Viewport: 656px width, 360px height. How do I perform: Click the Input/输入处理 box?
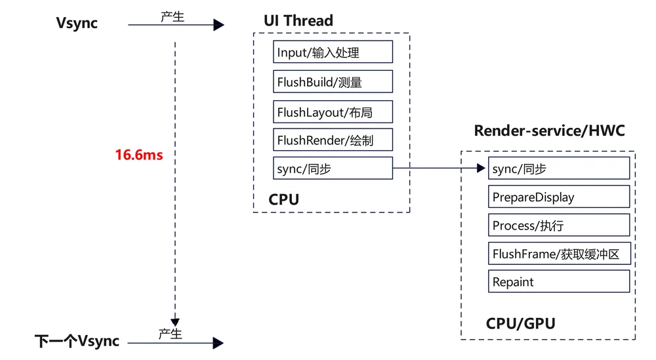pos(333,52)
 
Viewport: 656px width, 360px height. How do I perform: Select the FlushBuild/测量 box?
pos(333,81)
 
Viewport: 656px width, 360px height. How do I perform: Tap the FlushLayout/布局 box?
pos(333,111)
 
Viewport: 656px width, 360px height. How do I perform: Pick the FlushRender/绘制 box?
pos(333,140)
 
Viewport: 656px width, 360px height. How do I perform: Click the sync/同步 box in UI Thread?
pos(333,168)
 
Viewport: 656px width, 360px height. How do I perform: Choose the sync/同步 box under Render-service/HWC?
pos(559,168)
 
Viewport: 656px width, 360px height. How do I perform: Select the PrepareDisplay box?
pos(559,197)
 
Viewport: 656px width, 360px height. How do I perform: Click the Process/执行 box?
pos(559,225)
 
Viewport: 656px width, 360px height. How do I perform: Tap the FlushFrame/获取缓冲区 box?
pos(560,253)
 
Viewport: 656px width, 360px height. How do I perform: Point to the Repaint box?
pos(559,281)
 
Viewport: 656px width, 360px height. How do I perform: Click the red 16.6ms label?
pos(139,155)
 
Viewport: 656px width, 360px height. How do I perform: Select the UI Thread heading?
pos(298,20)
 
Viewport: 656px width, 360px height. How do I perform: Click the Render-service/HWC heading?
pos(549,131)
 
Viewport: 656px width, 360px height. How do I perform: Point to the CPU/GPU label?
pos(520,324)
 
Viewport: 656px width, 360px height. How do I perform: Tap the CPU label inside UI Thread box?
pos(283,199)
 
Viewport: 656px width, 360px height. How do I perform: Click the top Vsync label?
pos(77,23)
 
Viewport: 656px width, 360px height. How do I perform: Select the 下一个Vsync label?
pos(77,341)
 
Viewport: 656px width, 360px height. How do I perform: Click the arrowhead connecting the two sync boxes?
pos(481,168)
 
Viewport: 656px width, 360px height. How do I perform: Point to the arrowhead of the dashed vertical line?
pos(175,323)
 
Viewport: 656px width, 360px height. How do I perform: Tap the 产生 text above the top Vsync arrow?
pos(173,17)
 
